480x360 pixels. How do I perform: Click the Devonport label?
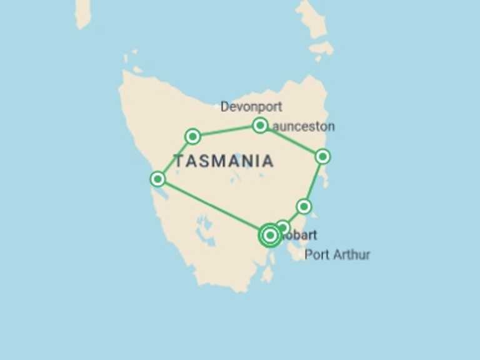(x=251, y=107)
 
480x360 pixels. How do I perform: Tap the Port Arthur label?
(x=337, y=254)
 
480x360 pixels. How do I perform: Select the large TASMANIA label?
(x=224, y=161)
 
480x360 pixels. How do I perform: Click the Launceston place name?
(x=304, y=126)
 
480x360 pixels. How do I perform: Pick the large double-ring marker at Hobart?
(x=270, y=236)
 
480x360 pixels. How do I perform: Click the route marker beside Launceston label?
(x=260, y=126)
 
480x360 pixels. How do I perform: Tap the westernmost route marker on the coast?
(x=158, y=179)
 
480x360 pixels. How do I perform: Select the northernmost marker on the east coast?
(x=322, y=156)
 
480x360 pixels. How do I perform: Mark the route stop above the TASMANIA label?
(x=193, y=136)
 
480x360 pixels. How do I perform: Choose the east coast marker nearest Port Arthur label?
(x=304, y=206)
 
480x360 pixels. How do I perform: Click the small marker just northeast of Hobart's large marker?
(x=283, y=227)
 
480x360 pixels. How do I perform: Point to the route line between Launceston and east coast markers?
(x=292, y=141)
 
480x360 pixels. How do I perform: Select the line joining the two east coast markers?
(x=313, y=181)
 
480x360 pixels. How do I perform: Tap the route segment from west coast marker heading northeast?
(x=175, y=158)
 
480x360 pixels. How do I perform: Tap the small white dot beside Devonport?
(x=217, y=107)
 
